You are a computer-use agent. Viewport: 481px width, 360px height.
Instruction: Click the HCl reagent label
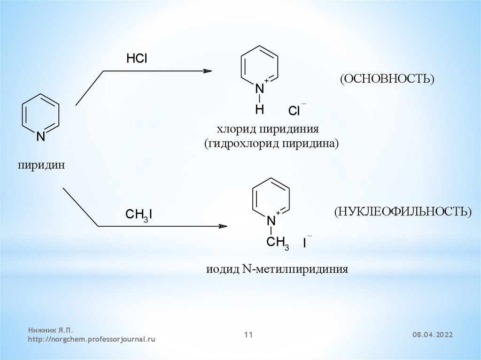[137, 59]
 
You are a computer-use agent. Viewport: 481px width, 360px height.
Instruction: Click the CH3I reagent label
[139, 215]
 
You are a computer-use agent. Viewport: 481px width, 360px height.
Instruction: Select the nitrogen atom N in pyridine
[41, 137]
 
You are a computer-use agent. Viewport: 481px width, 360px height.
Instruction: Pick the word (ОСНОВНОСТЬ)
[388, 78]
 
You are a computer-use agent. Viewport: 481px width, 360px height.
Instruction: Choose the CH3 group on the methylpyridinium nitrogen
[278, 242]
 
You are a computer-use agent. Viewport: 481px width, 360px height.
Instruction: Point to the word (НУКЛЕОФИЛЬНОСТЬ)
[403, 211]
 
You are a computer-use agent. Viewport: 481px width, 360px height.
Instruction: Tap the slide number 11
[248, 335]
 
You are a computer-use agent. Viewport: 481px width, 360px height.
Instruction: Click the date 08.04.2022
[433, 335]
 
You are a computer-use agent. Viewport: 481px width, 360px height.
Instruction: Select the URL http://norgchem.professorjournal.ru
[91, 338]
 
